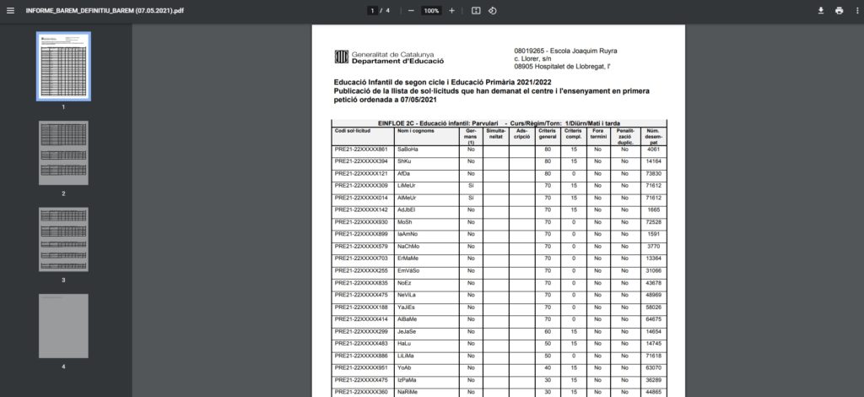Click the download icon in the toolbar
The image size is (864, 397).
tap(820, 10)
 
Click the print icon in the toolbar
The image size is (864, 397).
tap(839, 10)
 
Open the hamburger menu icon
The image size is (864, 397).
tap(10, 10)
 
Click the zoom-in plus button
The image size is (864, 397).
tap(452, 10)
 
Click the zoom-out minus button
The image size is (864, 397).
tap(411, 10)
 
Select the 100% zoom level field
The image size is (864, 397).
tap(431, 10)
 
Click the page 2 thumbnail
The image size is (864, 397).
tap(63, 153)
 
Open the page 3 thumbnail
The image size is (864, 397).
tap(63, 239)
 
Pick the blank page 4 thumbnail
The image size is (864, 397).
tap(63, 325)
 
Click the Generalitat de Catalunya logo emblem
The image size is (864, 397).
tap(341, 57)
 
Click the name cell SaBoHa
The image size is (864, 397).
tap(408, 150)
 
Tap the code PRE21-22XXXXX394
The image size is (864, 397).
tap(361, 161)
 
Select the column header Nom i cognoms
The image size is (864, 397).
tap(415, 131)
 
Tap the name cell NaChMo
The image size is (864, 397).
tap(410, 246)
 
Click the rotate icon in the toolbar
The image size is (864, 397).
tap(493, 10)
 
